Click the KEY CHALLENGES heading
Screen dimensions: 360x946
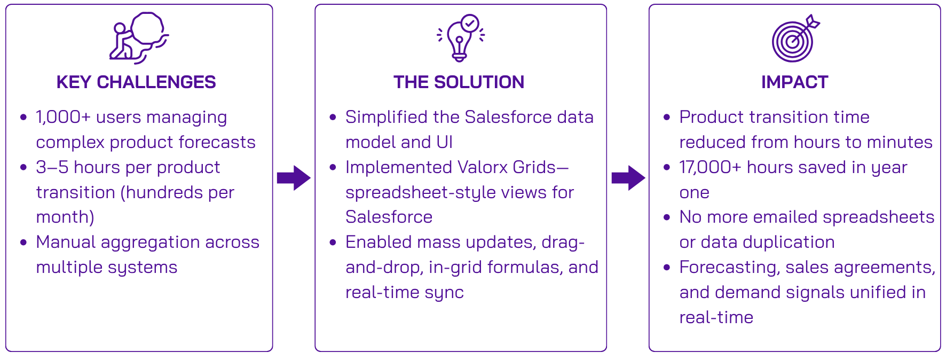pyautogui.click(x=136, y=82)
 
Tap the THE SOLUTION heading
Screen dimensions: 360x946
pyautogui.click(x=459, y=82)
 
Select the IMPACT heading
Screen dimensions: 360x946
pyautogui.click(x=794, y=82)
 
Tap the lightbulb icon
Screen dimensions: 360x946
pyautogui.click(x=460, y=40)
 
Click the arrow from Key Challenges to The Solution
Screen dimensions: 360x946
pyautogui.click(x=294, y=178)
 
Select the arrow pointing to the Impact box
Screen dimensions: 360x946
pyautogui.click(x=628, y=178)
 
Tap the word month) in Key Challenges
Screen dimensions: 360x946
pyautogui.click(x=65, y=217)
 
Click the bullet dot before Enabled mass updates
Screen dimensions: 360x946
pyautogui.click(x=333, y=242)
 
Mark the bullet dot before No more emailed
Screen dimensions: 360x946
pyautogui.click(x=667, y=217)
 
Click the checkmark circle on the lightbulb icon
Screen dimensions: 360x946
pyautogui.click(x=470, y=23)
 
